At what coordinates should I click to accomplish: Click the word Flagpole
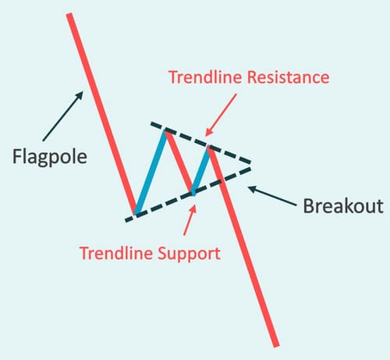point(50,157)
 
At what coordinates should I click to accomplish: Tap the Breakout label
point(343,206)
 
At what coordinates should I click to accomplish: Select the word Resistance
point(288,77)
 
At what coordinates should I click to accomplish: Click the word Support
point(190,254)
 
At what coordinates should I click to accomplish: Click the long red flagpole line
point(102,114)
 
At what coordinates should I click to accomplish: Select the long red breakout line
point(243,247)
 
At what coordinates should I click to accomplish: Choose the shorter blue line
point(200,171)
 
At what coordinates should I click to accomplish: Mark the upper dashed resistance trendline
point(200,142)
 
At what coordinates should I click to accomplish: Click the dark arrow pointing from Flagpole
point(63,116)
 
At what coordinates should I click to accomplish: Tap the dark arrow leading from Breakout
point(272,196)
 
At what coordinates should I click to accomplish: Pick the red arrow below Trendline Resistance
point(221,115)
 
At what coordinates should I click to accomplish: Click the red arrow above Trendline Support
point(190,220)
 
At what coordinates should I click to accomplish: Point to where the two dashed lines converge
point(250,166)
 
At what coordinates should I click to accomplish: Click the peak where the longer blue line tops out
point(165,132)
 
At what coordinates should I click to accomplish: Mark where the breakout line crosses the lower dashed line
point(221,180)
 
